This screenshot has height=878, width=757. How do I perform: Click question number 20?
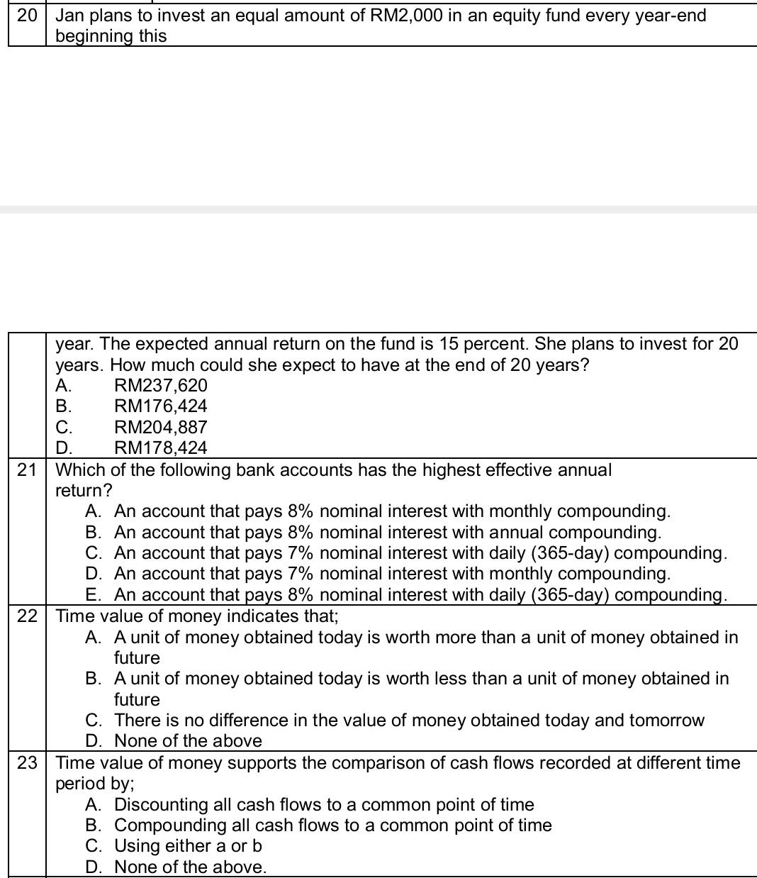(26, 16)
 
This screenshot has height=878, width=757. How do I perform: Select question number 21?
(26, 470)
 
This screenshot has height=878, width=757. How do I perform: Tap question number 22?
(26, 616)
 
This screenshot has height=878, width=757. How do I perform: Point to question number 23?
(26, 763)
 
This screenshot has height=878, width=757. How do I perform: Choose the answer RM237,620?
(161, 386)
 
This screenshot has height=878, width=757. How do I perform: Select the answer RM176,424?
(161, 406)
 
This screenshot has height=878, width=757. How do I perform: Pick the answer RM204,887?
(161, 427)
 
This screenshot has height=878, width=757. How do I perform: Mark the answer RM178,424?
(161, 448)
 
